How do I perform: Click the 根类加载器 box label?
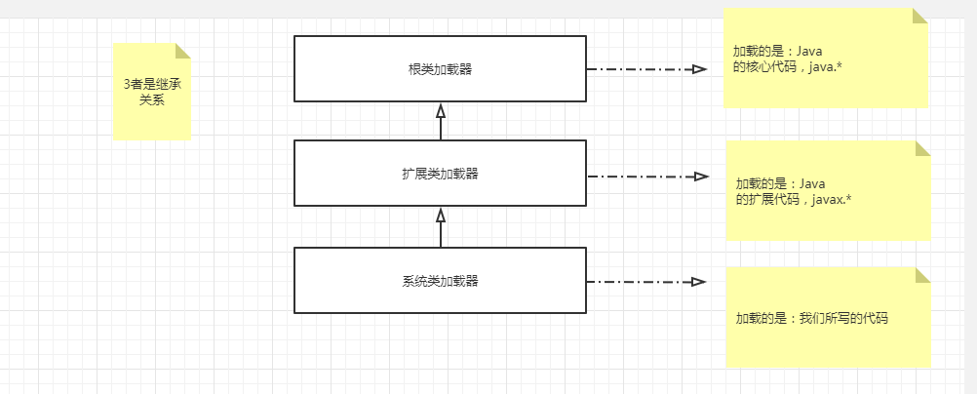click(440, 69)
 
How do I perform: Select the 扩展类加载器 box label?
click(440, 174)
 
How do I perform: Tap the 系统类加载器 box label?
click(440, 281)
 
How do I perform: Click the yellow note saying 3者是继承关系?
click(151, 92)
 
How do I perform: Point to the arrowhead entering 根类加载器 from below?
click(441, 110)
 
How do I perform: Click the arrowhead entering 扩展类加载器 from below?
click(441, 215)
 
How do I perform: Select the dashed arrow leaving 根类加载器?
click(639, 69)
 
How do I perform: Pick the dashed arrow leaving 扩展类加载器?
click(639, 177)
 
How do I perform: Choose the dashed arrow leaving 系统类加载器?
click(639, 282)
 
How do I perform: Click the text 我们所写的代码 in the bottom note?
click(843, 318)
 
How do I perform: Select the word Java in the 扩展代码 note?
click(814, 182)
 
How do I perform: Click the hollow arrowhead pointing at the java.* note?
click(699, 69)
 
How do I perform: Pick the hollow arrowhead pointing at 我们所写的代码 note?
click(698, 282)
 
